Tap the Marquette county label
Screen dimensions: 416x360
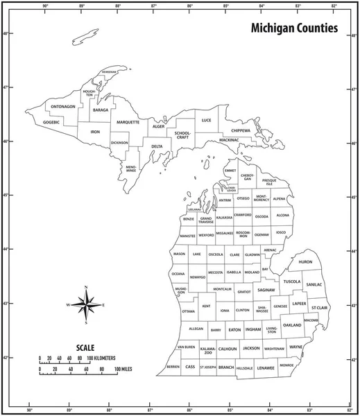point(128,122)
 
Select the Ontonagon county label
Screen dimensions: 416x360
point(62,107)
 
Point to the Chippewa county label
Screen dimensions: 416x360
point(241,130)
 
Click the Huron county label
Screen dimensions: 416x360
point(305,262)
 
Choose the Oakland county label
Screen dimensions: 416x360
point(292,324)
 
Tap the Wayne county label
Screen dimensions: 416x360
point(296,347)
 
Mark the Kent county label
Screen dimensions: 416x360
point(206,306)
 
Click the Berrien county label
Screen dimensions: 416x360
point(173,366)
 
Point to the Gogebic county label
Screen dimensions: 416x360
point(52,121)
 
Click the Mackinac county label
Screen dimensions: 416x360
point(229,141)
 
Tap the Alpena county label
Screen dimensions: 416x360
point(279,199)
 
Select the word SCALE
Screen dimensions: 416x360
point(86,347)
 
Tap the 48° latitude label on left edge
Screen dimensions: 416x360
point(5,34)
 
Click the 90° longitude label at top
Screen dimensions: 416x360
point(46,6)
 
